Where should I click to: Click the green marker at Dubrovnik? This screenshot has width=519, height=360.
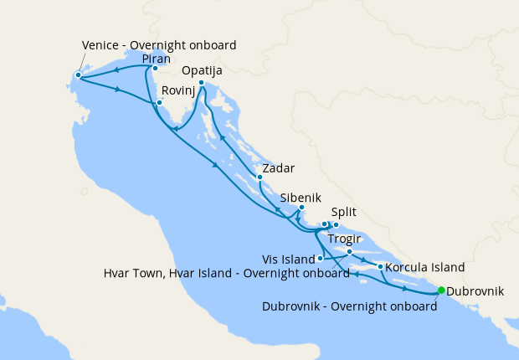441,291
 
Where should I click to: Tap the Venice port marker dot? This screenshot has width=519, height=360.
78,75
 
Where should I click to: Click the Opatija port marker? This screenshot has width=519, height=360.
202,82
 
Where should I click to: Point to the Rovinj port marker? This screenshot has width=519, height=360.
158,103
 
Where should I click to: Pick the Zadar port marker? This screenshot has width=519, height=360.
259,177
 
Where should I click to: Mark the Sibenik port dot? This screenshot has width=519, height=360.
301,208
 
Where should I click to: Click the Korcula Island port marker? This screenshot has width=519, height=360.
381,267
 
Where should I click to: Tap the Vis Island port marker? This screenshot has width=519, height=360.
320,258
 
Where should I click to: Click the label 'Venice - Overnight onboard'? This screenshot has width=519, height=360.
159,44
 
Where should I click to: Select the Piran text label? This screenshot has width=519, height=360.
157,59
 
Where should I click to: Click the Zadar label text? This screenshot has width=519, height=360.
277,168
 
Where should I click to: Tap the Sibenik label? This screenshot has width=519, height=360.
301,198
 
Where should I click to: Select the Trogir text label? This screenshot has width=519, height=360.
345,239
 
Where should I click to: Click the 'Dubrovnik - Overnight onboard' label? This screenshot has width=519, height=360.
349,306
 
